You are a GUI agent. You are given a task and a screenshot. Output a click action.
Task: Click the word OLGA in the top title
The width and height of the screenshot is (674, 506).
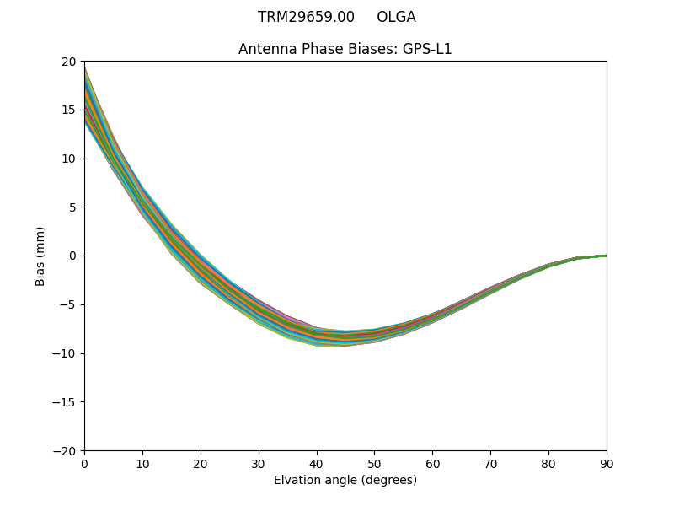(x=396, y=17)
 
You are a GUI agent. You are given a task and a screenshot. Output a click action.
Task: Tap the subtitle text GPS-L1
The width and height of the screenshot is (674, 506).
(x=429, y=49)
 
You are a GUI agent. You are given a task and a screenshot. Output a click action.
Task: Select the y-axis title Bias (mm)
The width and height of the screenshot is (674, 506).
(x=40, y=256)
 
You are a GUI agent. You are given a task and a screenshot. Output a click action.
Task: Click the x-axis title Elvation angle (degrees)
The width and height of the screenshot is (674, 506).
(x=345, y=481)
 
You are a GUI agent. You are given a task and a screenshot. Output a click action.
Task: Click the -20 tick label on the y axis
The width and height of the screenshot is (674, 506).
(x=67, y=450)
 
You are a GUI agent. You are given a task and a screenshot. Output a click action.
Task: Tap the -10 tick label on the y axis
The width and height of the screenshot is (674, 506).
(x=67, y=353)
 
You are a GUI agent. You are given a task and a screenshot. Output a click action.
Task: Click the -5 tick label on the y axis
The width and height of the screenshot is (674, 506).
(x=69, y=304)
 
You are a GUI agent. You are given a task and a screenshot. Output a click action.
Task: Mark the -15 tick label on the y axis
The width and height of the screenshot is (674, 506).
(x=67, y=402)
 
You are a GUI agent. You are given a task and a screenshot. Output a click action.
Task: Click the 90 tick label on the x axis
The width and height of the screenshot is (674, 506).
(x=607, y=463)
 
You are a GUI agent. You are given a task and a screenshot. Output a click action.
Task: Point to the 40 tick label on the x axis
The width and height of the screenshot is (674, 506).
(x=317, y=463)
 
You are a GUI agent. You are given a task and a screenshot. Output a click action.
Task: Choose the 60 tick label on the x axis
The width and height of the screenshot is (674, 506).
(x=432, y=463)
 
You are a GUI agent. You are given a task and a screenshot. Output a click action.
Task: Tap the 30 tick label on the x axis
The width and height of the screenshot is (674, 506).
(x=259, y=463)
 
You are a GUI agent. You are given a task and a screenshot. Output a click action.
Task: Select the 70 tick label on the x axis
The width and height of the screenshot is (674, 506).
(x=490, y=463)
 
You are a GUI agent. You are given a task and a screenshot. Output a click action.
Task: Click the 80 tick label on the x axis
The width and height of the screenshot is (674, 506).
(x=548, y=463)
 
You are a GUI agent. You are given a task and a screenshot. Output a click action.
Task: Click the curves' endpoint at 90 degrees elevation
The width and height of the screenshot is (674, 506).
(x=606, y=255)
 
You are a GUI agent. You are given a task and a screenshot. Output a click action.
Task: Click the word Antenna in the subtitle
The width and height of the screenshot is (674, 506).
(x=265, y=49)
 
